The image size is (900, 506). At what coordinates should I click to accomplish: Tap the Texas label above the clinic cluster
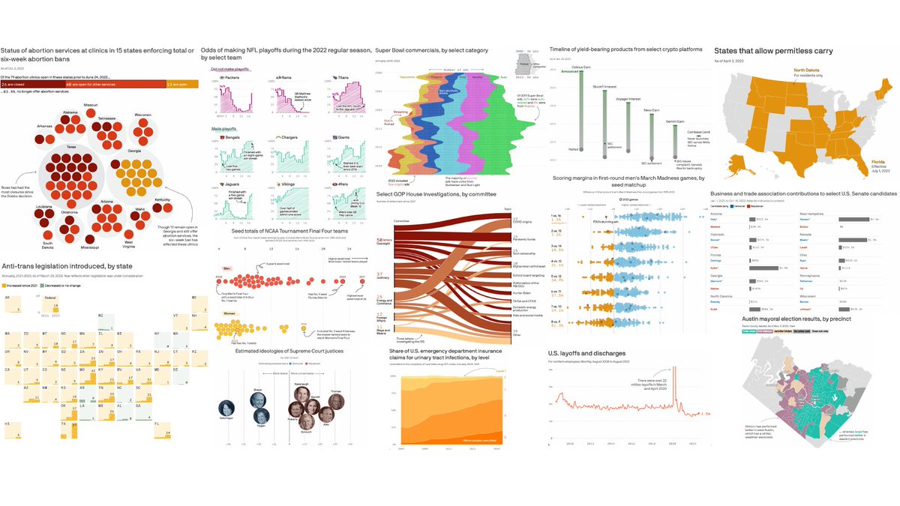[x=72, y=147]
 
